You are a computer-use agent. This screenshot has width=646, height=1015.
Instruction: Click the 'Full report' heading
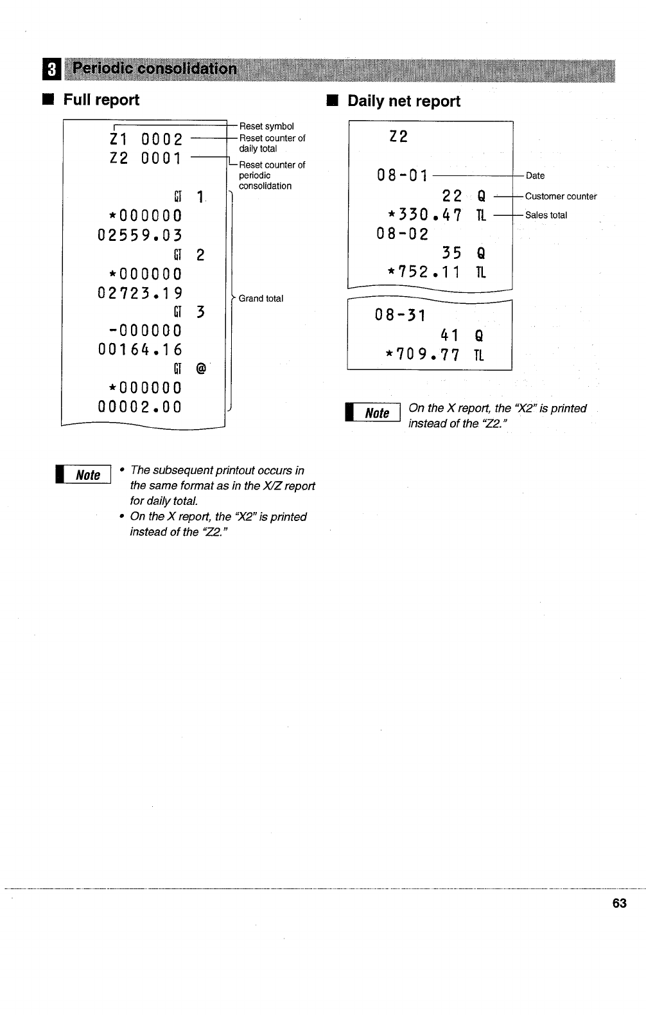click(101, 100)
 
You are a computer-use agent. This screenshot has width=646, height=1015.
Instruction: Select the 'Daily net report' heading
click(403, 101)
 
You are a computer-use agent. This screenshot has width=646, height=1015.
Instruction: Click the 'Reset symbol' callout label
click(266, 127)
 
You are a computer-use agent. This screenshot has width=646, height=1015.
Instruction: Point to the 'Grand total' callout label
click(261, 299)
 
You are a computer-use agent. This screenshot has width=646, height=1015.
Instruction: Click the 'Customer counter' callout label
click(561, 197)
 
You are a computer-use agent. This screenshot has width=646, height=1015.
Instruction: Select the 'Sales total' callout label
click(546, 215)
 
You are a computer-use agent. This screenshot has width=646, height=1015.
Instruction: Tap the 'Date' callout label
click(535, 176)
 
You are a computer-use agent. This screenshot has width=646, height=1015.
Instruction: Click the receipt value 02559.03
click(140, 235)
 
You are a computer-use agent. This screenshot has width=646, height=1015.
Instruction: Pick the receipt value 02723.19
click(140, 293)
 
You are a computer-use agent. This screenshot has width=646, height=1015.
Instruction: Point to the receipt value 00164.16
click(140, 349)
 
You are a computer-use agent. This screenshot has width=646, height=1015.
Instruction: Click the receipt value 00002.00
click(140, 407)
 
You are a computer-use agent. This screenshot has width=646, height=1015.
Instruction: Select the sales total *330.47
click(424, 215)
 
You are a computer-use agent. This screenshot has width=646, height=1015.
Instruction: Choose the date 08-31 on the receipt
click(400, 315)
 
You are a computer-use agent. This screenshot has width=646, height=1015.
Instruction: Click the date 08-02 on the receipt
click(402, 234)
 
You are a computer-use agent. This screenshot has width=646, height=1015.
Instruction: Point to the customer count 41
click(450, 335)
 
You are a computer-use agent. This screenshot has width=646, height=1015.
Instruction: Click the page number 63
click(619, 903)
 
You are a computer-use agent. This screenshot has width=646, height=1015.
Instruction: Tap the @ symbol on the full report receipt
click(201, 369)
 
